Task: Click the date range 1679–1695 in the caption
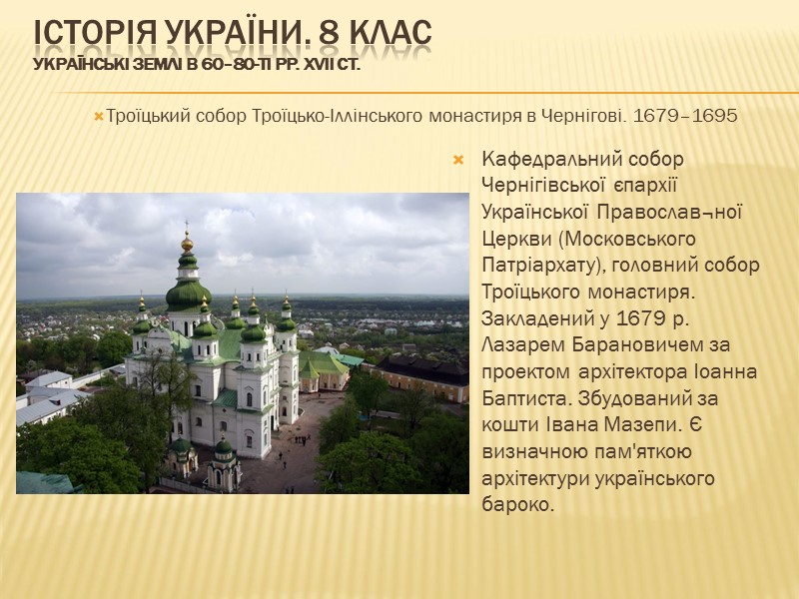tap(684, 116)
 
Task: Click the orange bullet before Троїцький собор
tap(98, 117)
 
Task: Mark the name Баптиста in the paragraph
tap(522, 398)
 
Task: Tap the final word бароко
tap(515, 505)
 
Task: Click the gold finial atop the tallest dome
tap(187, 241)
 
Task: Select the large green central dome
tap(188, 294)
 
